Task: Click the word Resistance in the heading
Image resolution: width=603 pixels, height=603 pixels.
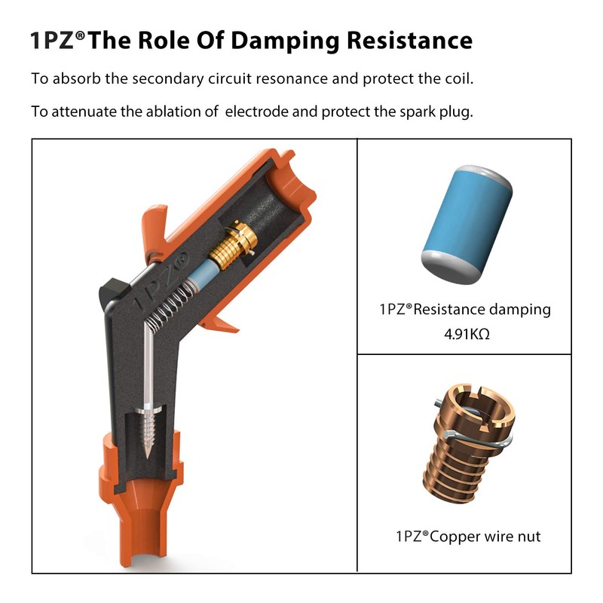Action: point(409,40)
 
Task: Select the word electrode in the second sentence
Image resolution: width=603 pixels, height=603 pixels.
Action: point(256,112)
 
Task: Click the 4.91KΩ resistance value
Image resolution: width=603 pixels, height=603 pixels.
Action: point(467,334)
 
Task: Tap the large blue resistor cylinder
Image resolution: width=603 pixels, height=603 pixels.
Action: point(467,225)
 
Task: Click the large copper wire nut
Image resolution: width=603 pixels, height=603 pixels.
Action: point(469,443)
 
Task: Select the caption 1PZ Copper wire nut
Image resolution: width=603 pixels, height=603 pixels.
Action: point(468,537)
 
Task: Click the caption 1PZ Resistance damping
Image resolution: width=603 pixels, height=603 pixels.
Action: point(465,310)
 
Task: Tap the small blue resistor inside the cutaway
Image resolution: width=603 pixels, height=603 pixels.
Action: point(203,273)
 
